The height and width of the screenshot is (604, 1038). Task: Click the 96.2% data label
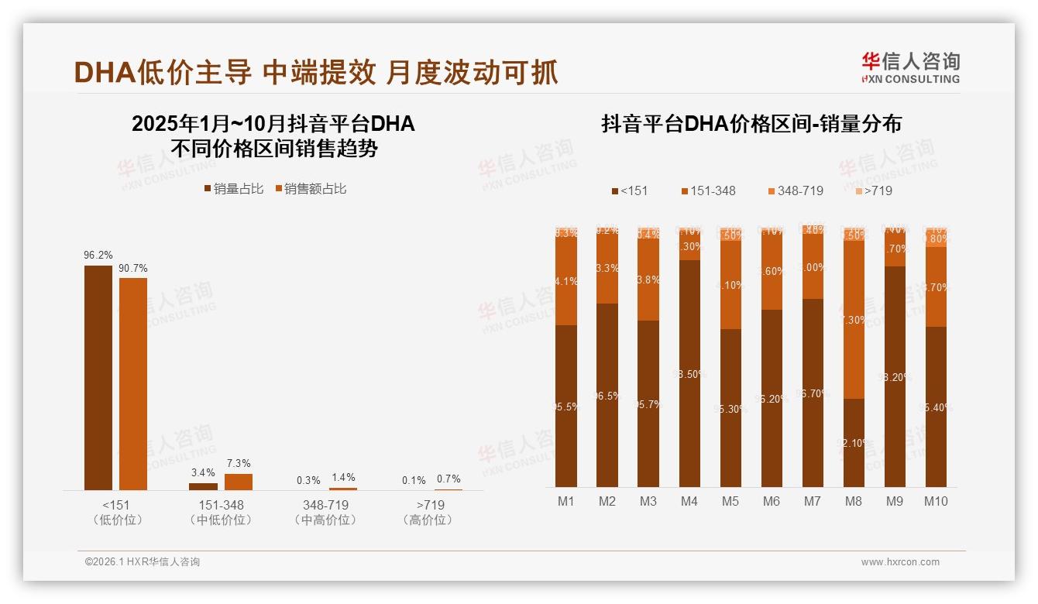(98, 255)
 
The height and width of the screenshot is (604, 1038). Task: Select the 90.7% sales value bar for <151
(133, 383)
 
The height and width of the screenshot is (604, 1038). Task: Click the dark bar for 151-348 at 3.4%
(203, 486)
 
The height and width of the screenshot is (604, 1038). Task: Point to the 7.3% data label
(239, 463)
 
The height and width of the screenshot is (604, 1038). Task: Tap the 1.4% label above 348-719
(342, 477)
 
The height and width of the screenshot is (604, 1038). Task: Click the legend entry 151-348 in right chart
(708, 190)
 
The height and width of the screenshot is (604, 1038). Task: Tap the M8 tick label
(853, 501)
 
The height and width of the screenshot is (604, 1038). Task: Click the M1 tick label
(566, 501)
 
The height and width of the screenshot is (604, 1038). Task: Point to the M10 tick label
(936, 501)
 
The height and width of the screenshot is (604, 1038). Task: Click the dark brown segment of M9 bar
(894, 376)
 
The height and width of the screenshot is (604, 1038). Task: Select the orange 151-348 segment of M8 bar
(853, 319)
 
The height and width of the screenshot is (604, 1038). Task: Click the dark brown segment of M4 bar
(689, 373)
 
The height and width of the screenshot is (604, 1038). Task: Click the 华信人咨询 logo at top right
(910, 67)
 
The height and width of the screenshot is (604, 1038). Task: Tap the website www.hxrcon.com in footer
(900, 562)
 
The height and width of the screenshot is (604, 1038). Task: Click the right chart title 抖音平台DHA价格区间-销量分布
(751, 124)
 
